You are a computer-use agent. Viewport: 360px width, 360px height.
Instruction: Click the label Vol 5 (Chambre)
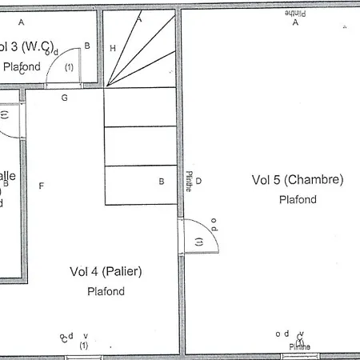[x=297, y=179]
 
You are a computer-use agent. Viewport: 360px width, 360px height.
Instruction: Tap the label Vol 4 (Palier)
[x=106, y=272]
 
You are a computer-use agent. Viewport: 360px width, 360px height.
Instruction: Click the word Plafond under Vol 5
[x=298, y=200]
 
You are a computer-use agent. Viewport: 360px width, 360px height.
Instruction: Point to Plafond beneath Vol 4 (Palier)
[x=106, y=291]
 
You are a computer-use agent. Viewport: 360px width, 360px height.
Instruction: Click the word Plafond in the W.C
[x=22, y=67]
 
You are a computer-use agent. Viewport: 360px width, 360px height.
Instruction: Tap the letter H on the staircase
[x=113, y=49]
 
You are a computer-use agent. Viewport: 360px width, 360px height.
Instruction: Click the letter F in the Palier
[x=40, y=186]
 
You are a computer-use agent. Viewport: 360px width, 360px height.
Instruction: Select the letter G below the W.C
[x=64, y=98]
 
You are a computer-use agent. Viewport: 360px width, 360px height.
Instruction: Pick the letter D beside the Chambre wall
[x=198, y=181]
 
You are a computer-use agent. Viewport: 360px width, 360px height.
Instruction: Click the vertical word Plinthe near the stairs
[x=189, y=182]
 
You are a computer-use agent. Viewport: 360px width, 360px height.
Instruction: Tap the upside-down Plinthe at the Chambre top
[x=294, y=14]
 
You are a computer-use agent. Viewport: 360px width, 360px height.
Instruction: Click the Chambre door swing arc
[x=210, y=234]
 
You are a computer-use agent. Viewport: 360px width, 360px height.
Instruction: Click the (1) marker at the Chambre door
[x=198, y=241]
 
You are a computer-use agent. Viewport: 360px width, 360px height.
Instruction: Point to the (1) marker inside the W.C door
[x=69, y=68]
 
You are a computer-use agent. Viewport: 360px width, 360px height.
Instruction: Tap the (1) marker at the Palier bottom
[x=83, y=346]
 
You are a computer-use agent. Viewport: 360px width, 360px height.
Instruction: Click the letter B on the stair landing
[x=162, y=182]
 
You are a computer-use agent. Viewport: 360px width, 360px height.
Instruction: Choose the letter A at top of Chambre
[x=295, y=23]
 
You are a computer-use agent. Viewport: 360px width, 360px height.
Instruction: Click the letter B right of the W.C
[x=87, y=46]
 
